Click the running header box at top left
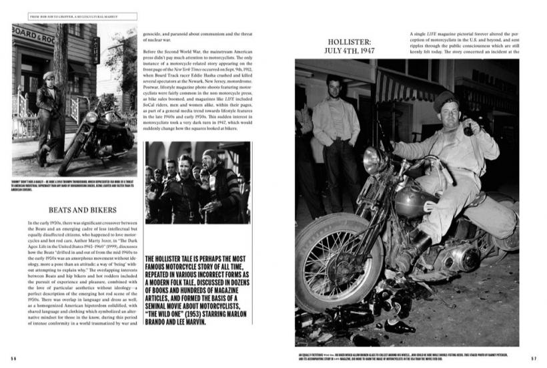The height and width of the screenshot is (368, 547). (x=74, y=16)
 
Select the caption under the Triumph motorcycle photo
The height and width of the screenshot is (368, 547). (x=74, y=185)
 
